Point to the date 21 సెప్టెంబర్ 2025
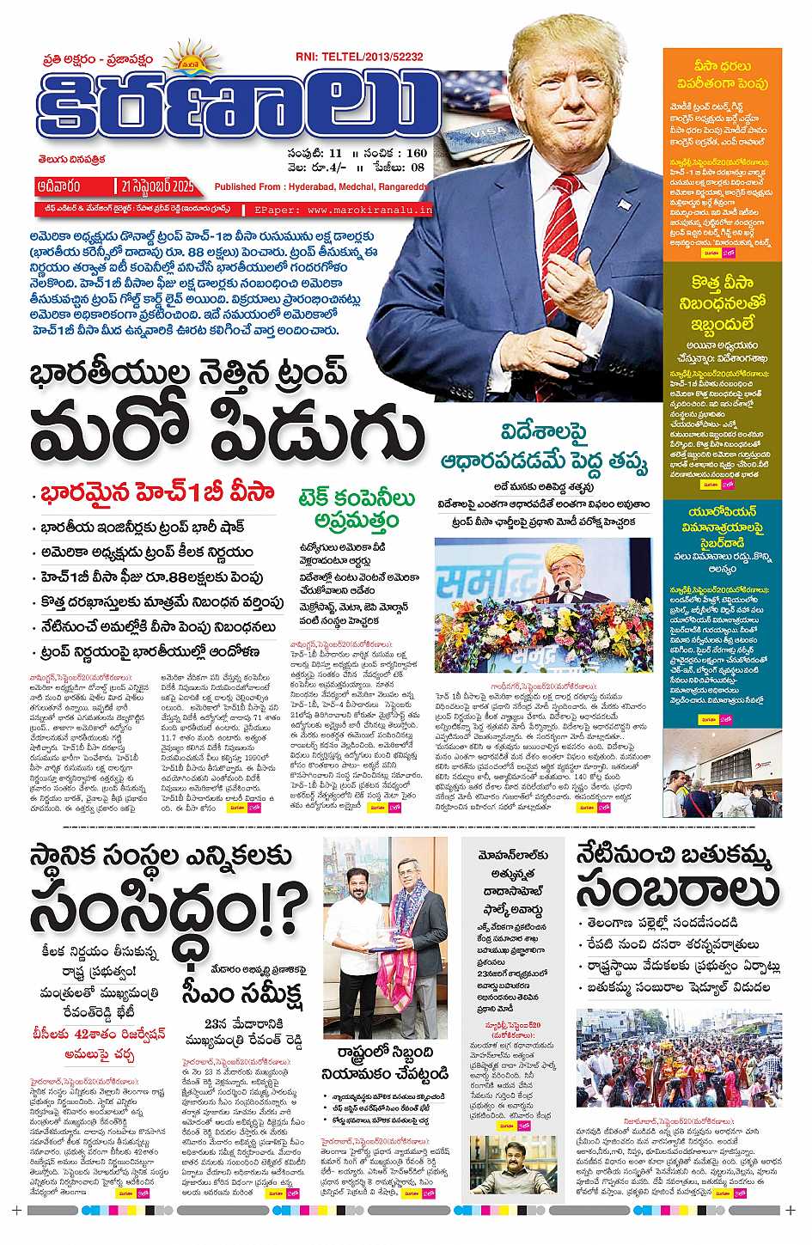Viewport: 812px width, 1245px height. pyautogui.click(x=156, y=186)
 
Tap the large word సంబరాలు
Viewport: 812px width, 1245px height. pyautogui.click(x=678, y=890)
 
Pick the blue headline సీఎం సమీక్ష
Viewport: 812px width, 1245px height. pyautogui.click(x=242, y=992)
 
